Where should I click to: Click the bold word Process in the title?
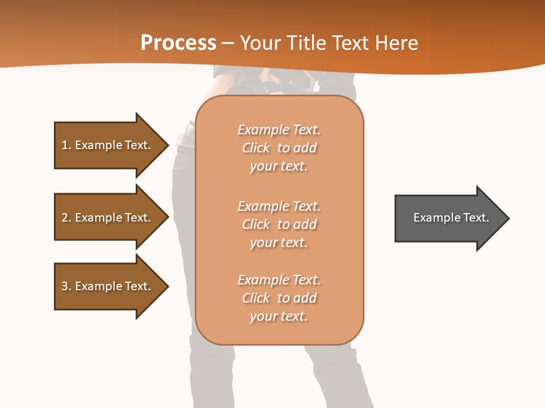pyautogui.click(x=178, y=43)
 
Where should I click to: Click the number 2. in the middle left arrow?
pyautogui.click(x=66, y=218)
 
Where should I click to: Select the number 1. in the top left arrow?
pyautogui.click(x=66, y=145)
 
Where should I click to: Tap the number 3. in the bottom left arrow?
pyautogui.click(x=66, y=286)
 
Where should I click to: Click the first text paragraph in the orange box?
pyautogui.click(x=279, y=148)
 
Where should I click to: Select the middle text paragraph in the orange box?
pyautogui.click(x=279, y=224)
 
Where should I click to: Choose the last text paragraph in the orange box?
pyautogui.click(x=279, y=298)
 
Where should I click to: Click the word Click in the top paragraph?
pyautogui.click(x=256, y=148)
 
